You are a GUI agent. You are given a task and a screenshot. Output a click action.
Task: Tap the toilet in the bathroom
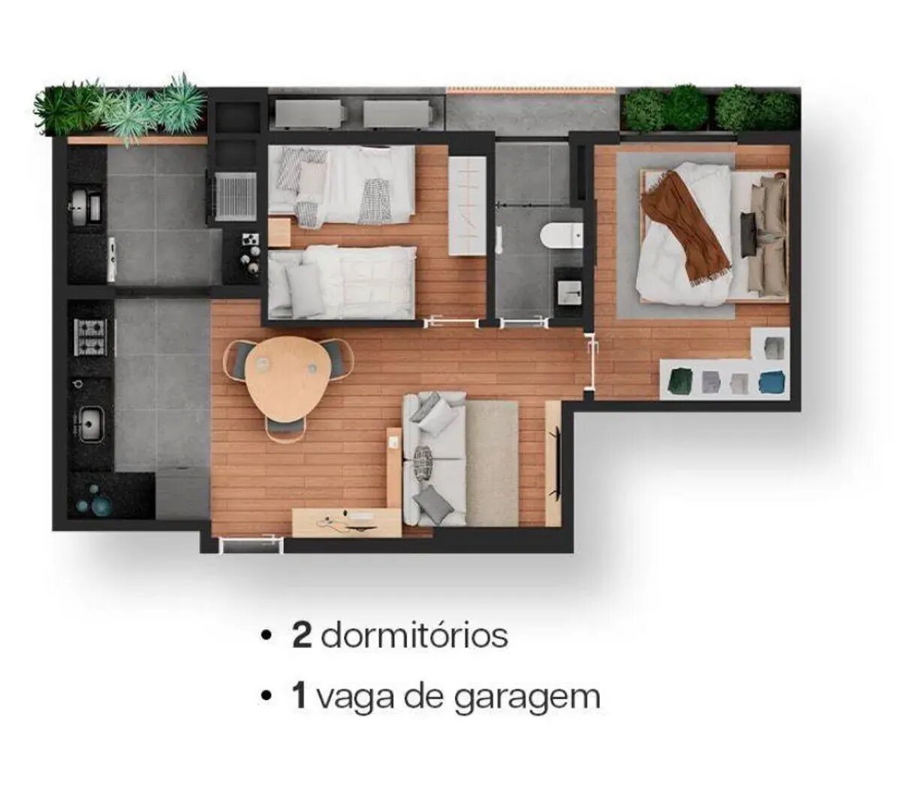tap(561, 236)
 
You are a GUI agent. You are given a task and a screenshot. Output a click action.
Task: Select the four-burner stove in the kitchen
tap(90, 337)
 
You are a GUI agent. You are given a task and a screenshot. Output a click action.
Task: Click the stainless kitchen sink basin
tap(90, 425)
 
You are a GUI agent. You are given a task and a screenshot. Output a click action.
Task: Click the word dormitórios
tap(414, 637)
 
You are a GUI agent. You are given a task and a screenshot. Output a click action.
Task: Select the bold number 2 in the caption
tap(302, 636)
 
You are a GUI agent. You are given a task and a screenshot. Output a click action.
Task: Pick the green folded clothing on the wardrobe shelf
tap(680, 381)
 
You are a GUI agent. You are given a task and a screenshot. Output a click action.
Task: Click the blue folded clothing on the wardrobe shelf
tap(773, 382)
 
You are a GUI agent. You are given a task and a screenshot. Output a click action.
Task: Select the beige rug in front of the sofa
tap(492, 462)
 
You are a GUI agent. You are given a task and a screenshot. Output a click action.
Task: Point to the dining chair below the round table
tap(286, 428)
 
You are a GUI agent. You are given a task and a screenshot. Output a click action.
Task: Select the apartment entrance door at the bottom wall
tap(251, 544)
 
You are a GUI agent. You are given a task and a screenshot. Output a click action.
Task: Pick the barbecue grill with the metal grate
tap(236, 196)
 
